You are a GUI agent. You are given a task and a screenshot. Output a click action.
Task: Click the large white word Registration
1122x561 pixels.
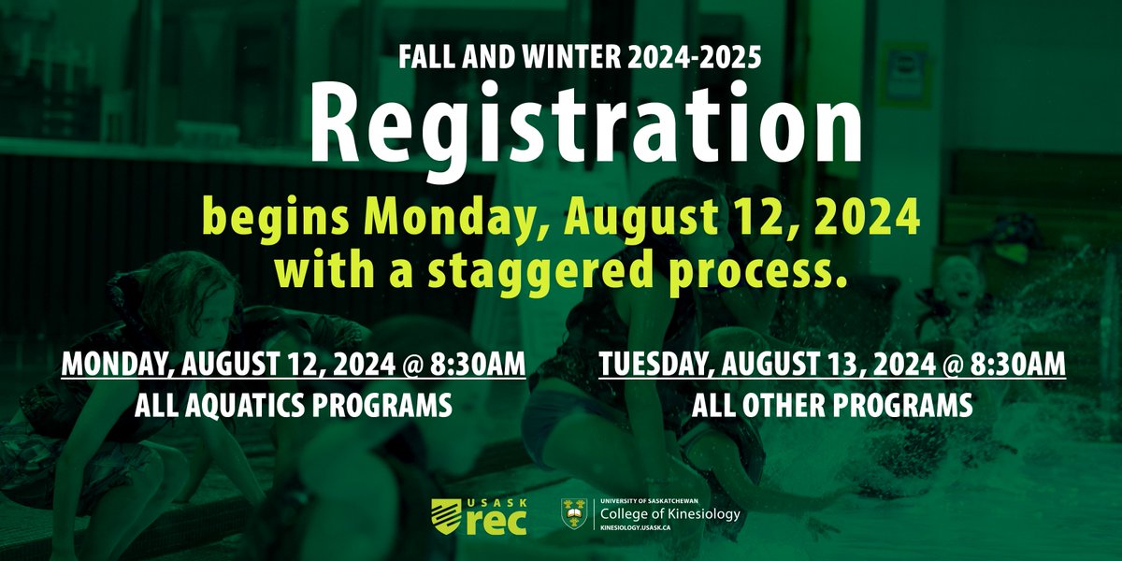pos(560,129)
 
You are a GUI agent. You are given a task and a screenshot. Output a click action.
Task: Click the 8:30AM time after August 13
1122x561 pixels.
pos(1014,366)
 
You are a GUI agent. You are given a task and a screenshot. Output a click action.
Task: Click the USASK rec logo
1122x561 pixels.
pos(478,515)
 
